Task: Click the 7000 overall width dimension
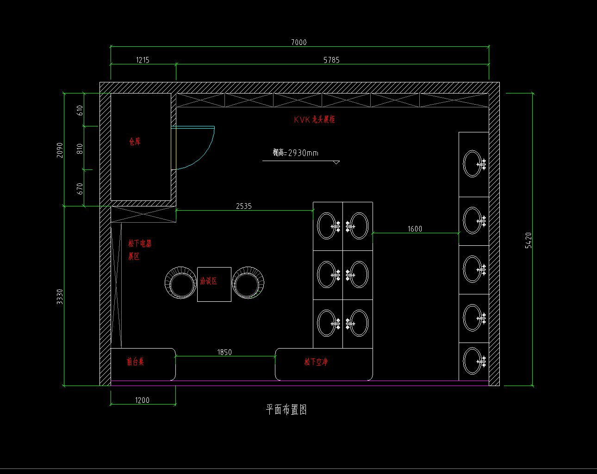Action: [x=298, y=42]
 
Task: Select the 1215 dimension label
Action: [x=143, y=60]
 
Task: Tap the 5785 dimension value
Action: [x=331, y=60]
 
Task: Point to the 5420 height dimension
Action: [x=529, y=240]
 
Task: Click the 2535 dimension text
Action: [x=244, y=206]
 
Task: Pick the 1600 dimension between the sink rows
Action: [x=415, y=229]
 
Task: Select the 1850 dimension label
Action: [x=224, y=353]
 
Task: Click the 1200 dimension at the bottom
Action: [x=142, y=400]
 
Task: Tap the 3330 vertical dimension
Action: [x=60, y=297]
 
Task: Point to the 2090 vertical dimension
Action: [x=60, y=150]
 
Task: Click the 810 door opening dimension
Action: [x=80, y=149]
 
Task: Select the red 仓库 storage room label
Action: [x=135, y=142]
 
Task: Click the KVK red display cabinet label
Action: [x=314, y=120]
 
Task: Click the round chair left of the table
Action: [x=181, y=283]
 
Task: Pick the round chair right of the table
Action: [x=248, y=283]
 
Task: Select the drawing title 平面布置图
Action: [x=286, y=410]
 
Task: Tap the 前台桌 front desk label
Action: [x=135, y=362]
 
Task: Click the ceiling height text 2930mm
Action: [x=296, y=153]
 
